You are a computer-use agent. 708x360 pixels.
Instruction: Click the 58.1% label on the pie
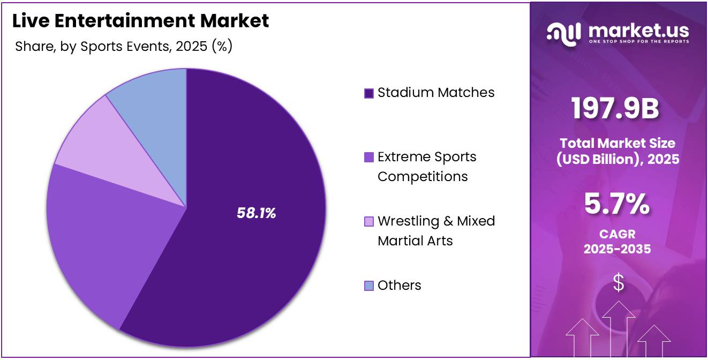point(256,213)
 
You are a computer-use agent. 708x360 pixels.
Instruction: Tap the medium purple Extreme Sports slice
point(91,236)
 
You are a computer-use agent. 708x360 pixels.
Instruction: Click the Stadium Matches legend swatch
point(368,93)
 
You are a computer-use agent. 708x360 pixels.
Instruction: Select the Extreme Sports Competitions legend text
point(426,167)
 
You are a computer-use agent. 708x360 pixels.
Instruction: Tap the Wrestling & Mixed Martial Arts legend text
point(436,231)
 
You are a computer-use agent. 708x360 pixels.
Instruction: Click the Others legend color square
point(368,286)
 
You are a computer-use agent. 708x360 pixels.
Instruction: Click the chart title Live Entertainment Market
point(140,21)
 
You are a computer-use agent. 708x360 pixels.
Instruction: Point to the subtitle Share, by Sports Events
point(123,47)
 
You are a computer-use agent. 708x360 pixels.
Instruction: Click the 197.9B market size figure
point(615,108)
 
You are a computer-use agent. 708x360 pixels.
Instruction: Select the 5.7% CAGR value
point(617,204)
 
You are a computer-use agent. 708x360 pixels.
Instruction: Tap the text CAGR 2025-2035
point(617,242)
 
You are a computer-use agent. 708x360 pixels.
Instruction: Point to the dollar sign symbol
point(619,282)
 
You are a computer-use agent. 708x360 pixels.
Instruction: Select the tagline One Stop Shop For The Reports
point(638,41)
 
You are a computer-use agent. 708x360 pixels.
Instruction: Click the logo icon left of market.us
point(564,33)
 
